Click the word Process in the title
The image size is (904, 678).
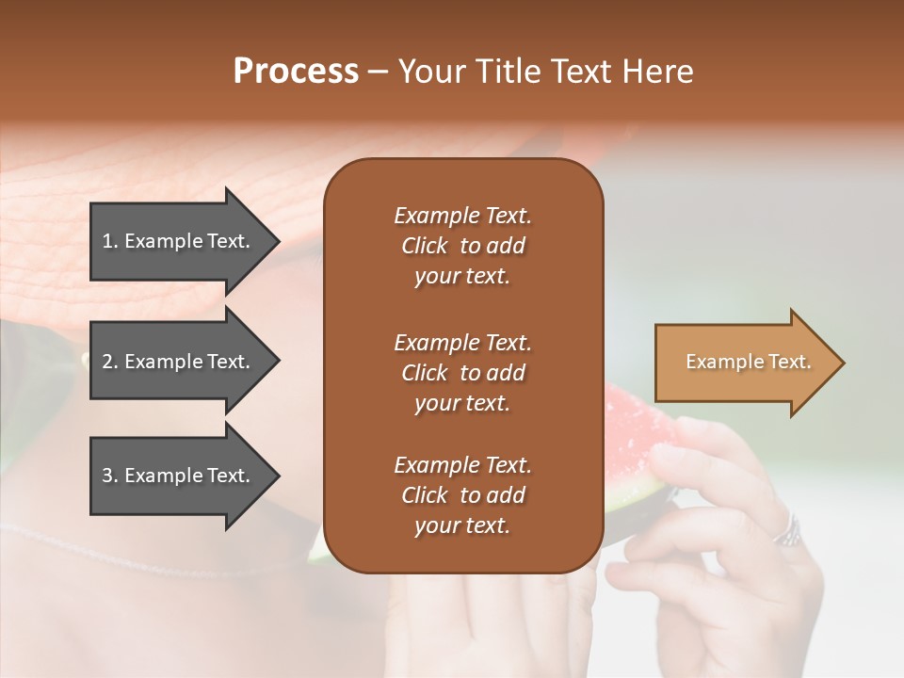[x=296, y=72]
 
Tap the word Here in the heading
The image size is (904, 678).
[x=659, y=72]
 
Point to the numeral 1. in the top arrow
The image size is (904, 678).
[x=110, y=241]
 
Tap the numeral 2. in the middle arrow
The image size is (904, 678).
[x=110, y=362]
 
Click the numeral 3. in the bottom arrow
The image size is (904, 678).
[x=110, y=476]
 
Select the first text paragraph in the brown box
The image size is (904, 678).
[x=462, y=246]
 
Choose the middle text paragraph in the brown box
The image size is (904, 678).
[x=462, y=373]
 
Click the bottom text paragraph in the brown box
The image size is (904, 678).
[x=462, y=495]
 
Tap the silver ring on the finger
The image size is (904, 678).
[x=787, y=531]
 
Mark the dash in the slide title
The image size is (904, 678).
[x=378, y=72]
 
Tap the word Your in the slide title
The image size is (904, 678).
[x=428, y=72]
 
